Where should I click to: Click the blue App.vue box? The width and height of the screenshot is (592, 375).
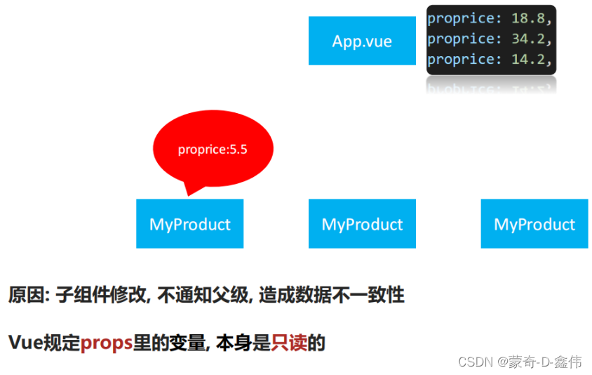[x=362, y=41]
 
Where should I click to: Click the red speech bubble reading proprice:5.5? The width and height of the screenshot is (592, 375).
[x=213, y=149]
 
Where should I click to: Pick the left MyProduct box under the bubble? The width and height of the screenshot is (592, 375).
[x=189, y=224]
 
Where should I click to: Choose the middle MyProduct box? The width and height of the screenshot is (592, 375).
[x=362, y=224]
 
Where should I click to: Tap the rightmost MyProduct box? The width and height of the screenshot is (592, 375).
[x=534, y=224]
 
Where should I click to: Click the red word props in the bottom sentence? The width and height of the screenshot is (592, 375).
[x=107, y=343]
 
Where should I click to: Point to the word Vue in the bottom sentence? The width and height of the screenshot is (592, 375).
[x=25, y=343]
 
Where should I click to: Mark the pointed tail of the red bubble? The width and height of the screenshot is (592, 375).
[x=188, y=190]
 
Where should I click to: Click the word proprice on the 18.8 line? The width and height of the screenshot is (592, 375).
[x=460, y=18]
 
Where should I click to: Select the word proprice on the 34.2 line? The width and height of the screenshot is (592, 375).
[x=460, y=39]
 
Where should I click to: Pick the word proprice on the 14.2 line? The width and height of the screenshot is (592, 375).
[x=460, y=60]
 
